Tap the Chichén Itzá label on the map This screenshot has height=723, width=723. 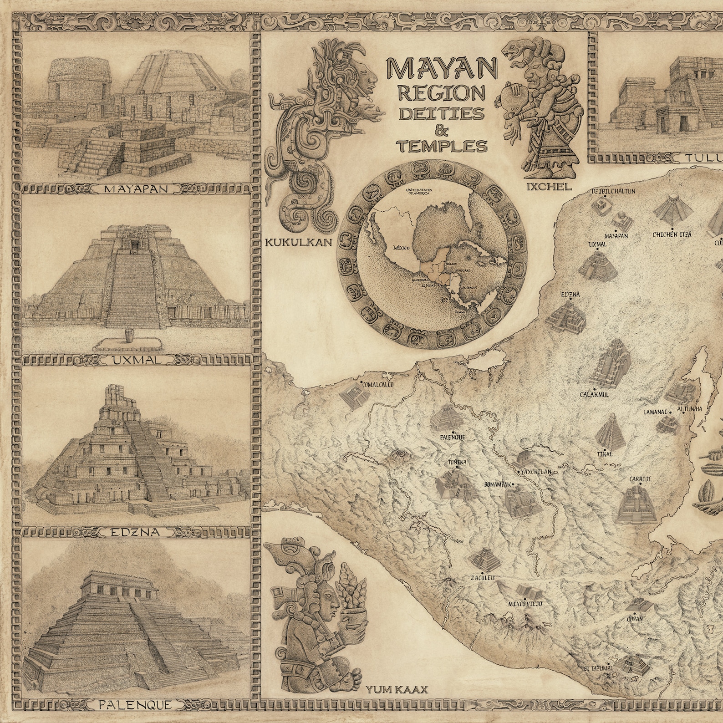[x=672, y=234]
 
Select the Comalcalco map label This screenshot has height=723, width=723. [x=377, y=384]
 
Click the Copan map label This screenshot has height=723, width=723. [x=634, y=619]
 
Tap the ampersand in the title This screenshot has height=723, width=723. [x=441, y=131]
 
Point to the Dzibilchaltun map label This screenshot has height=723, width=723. [x=613, y=192]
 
